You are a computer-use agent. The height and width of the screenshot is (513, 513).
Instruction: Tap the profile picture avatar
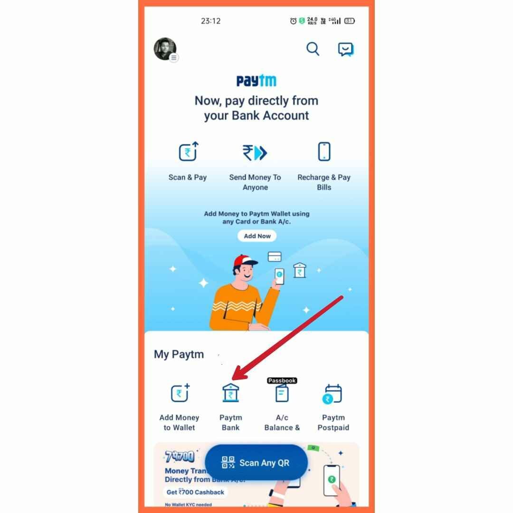pyautogui.click(x=165, y=49)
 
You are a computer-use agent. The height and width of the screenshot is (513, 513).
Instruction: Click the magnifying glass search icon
pyautogui.click(x=313, y=49)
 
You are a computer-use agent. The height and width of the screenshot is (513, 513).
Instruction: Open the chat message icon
pyautogui.click(x=345, y=49)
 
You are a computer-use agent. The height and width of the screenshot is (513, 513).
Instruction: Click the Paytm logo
pyautogui.click(x=256, y=81)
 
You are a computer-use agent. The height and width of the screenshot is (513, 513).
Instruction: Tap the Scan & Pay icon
pyautogui.click(x=188, y=152)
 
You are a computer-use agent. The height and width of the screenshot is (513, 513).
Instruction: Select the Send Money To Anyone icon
pyautogui.click(x=255, y=153)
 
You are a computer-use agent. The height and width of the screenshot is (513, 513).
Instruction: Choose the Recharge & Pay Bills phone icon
pyautogui.click(x=324, y=152)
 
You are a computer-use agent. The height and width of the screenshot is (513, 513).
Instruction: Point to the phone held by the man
pyautogui.click(x=279, y=276)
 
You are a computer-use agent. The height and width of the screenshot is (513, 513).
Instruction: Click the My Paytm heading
pyautogui.click(x=179, y=354)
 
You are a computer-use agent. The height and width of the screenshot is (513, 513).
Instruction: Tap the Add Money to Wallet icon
pyautogui.click(x=180, y=393)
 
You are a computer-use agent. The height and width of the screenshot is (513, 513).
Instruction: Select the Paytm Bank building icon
pyautogui.click(x=231, y=393)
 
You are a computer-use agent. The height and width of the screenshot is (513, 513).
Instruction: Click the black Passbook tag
pyautogui.click(x=282, y=380)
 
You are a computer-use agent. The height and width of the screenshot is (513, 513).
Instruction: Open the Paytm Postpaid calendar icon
pyautogui.click(x=333, y=394)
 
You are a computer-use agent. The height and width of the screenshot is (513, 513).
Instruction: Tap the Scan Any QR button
pyautogui.click(x=256, y=463)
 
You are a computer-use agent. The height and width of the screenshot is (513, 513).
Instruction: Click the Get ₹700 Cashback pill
pyautogui.click(x=195, y=492)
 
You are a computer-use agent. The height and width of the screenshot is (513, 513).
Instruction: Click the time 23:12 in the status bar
pyautogui.click(x=210, y=21)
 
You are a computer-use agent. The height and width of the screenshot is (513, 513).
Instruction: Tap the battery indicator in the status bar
pyautogui.click(x=350, y=21)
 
